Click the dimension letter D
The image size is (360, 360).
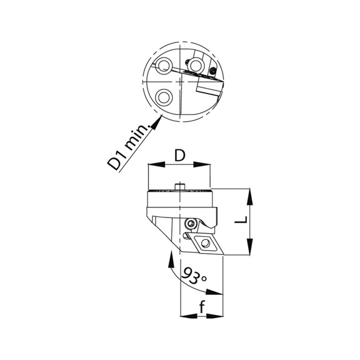coord(179,155)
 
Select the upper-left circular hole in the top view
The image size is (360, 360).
coord(164,66)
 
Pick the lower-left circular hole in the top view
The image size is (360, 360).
coord(164,97)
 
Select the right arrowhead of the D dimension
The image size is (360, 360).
coord(207,165)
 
